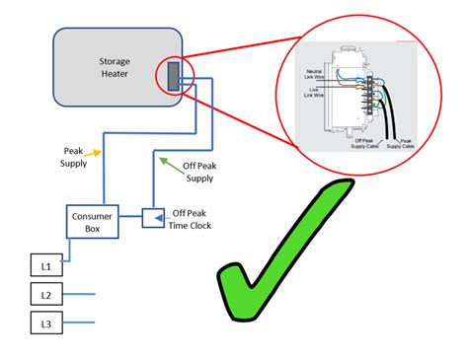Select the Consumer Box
pos(90,222)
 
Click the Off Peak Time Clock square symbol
pos(153,217)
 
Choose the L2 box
pos(44,294)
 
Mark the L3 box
pos(44,324)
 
